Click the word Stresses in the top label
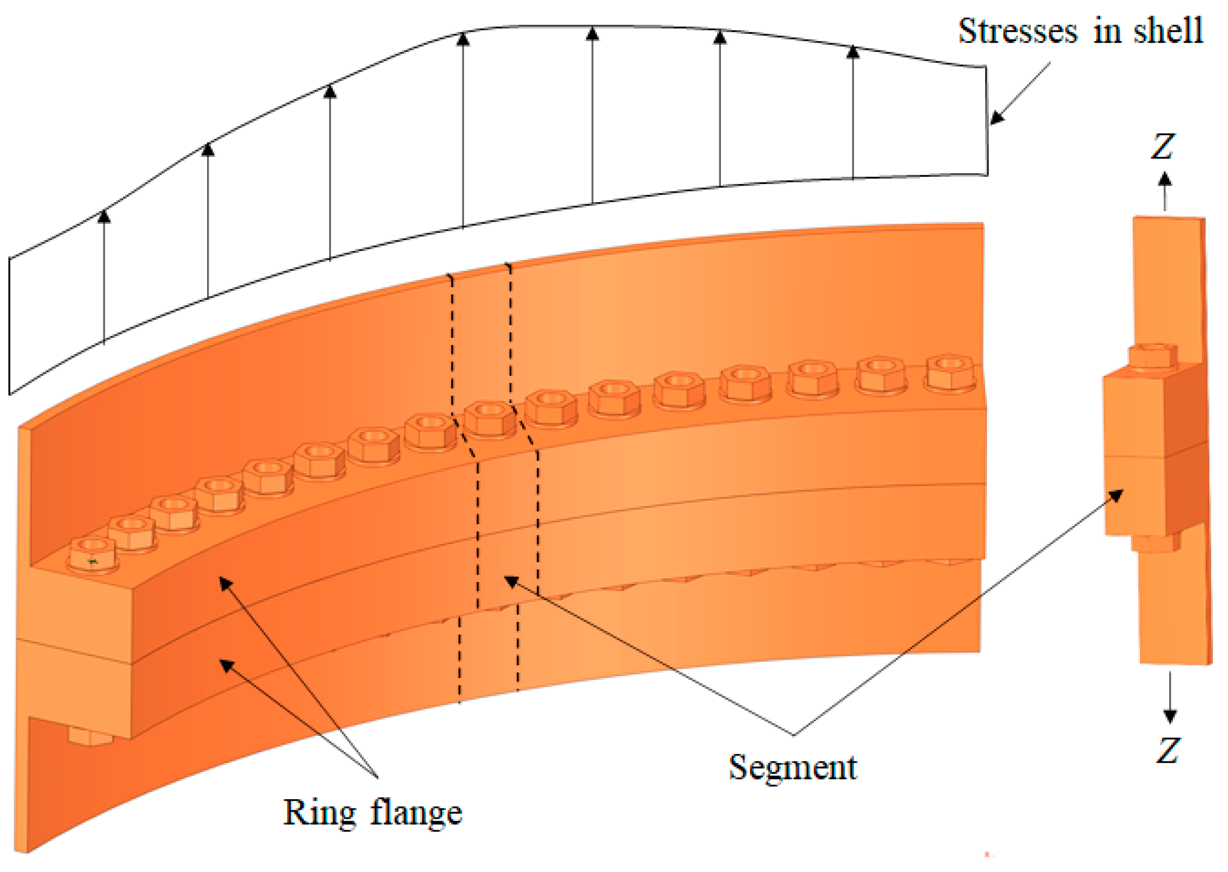(1017, 31)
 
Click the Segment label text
(792, 768)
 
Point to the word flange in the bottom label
(416, 813)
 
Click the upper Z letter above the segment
(1162, 146)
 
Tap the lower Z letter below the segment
(1168, 750)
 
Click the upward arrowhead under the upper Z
(1164, 179)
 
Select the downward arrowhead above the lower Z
(1170, 715)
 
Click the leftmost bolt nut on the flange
(92, 553)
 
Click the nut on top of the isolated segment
(1152, 356)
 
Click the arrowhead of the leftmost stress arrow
(104, 216)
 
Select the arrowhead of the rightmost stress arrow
(853, 51)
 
